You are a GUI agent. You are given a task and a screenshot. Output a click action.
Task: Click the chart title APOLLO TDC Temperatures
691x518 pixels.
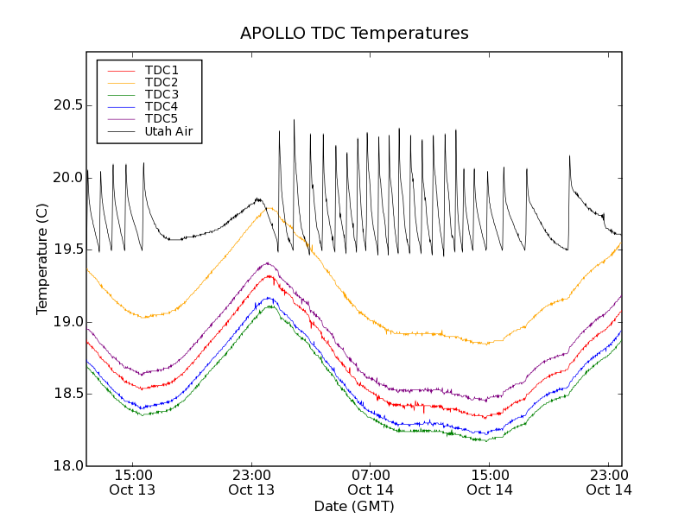click(354, 34)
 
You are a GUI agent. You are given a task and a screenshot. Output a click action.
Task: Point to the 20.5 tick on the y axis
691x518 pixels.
click(67, 105)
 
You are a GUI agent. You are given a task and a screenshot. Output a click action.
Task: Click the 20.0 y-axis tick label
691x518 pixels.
click(67, 178)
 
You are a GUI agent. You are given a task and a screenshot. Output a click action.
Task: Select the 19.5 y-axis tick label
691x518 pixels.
click(67, 250)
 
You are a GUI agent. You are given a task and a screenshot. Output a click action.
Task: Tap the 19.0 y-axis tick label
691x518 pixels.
click(67, 322)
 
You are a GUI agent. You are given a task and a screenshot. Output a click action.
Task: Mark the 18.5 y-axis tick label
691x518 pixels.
click(67, 394)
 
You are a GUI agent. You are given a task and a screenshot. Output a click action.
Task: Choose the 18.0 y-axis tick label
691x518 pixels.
click(67, 466)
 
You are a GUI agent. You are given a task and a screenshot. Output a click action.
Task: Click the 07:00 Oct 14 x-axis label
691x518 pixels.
click(371, 483)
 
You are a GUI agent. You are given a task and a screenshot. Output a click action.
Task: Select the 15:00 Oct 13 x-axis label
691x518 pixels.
click(132, 483)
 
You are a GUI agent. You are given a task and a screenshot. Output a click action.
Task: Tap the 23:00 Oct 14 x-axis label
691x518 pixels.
click(609, 483)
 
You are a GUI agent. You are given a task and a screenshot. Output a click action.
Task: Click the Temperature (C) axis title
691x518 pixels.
click(42, 259)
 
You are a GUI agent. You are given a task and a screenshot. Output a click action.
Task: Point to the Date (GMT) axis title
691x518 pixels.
click(354, 506)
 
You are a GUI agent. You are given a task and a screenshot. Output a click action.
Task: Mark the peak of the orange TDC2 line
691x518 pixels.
click(269, 207)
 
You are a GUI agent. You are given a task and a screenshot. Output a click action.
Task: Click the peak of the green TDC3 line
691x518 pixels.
click(270, 306)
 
